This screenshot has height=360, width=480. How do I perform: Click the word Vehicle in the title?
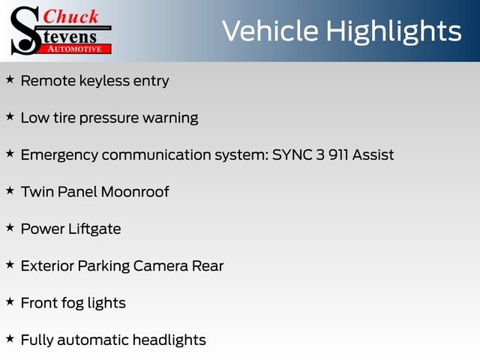[x=268, y=31]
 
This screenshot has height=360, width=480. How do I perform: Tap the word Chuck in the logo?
[x=71, y=17]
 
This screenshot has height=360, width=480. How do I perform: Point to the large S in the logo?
[x=25, y=31]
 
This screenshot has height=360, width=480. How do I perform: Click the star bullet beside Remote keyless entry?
[x=10, y=79]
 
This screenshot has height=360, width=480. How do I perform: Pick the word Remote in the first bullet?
[x=47, y=80]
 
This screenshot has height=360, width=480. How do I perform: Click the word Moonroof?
[x=135, y=191]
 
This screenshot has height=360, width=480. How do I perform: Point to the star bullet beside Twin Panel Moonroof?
[x=10, y=190]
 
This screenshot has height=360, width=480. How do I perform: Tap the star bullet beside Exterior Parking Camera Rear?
[x=10, y=265]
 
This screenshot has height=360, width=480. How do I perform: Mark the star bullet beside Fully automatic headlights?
[x=10, y=339]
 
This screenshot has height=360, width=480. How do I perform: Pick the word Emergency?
[x=58, y=155]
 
